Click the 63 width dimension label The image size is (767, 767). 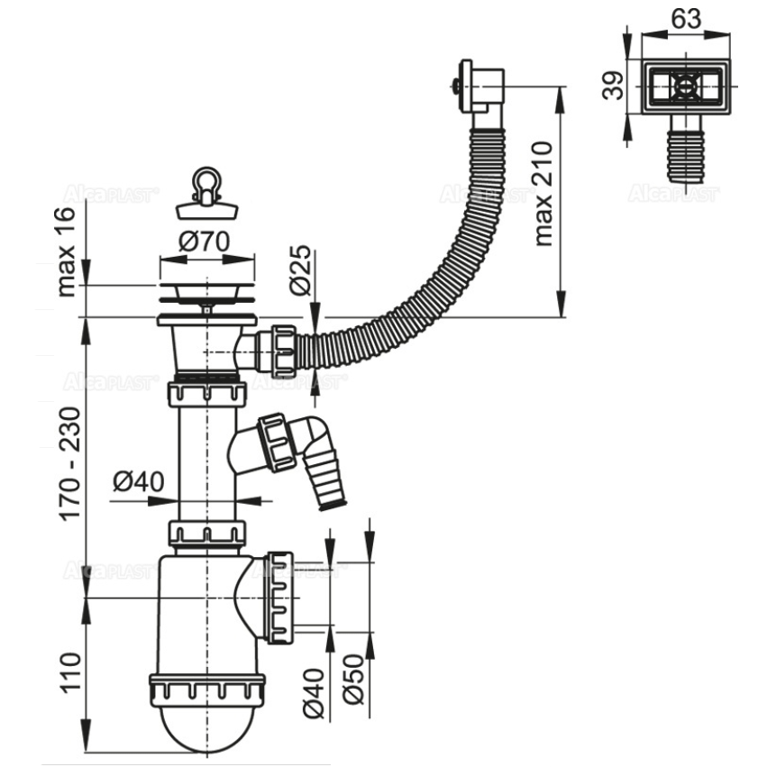[688, 18]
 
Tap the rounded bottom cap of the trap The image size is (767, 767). [207, 726]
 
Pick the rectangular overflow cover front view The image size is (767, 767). [688, 88]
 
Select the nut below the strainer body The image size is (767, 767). [206, 394]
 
